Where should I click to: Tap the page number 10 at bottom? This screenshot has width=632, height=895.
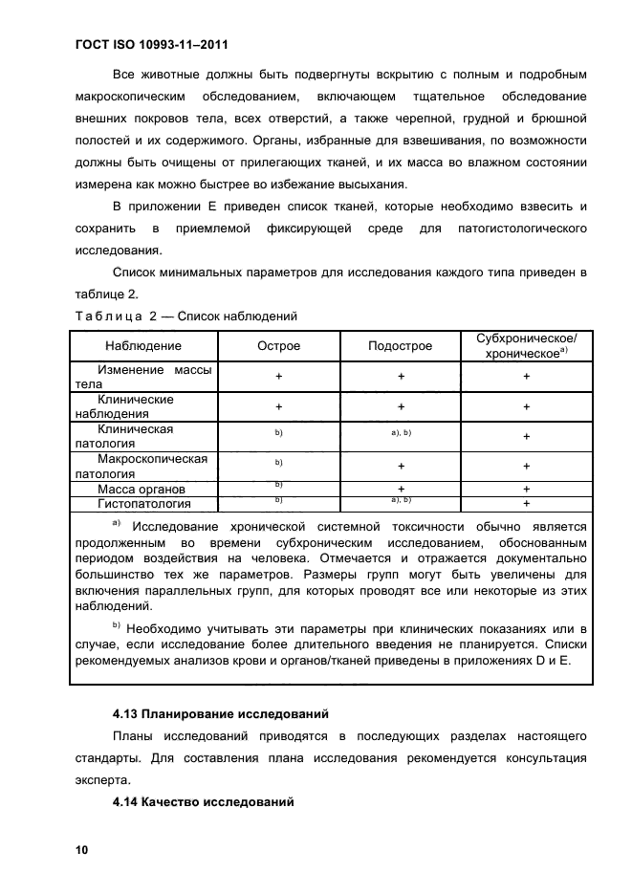tap(81, 849)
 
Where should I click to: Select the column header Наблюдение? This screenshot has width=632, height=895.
tap(143, 346)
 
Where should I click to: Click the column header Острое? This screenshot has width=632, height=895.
tap(278, 346)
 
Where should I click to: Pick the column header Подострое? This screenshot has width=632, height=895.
tap(401, 346)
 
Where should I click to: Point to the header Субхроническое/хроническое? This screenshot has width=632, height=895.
tap(526, 346)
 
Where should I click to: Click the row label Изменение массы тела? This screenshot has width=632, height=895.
tap(143, 377)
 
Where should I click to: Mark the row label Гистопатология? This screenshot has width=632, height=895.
tap(144, 503)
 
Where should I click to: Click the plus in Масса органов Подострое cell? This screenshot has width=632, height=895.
tap(401, 489)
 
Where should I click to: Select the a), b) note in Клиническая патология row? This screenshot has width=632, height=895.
tap(401, 434)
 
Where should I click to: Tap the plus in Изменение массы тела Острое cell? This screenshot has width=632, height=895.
tap(278, 377)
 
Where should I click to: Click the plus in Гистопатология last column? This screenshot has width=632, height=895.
tap(526, 503)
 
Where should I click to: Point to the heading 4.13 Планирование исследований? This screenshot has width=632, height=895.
tap(220, 713)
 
